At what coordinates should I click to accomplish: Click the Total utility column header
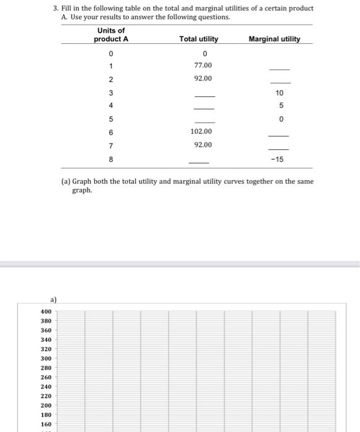198,39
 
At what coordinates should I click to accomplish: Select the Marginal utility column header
274,39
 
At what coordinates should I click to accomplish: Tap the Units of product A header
111,35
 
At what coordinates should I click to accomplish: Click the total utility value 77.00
203,65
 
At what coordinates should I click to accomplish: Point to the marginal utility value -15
277,159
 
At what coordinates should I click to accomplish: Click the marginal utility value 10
279,93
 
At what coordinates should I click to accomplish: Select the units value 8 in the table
111,159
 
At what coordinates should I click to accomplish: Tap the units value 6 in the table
111,132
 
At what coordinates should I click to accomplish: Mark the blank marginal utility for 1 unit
279,69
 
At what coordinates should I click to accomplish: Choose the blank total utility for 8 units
199,163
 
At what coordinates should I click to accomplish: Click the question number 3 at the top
55,8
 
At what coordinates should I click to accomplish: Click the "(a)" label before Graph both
65,181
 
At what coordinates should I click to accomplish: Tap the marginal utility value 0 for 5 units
281,118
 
